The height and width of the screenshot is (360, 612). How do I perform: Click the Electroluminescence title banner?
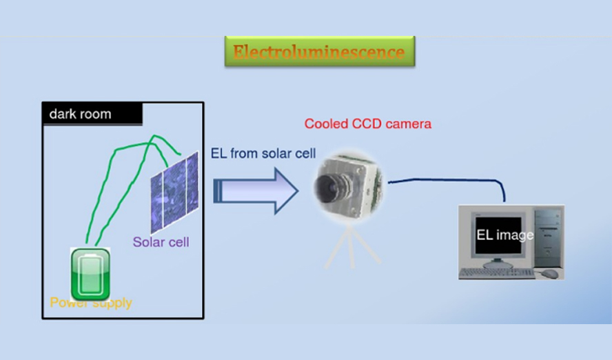[319, 52]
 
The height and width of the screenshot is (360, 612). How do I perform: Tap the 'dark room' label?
[80, 114]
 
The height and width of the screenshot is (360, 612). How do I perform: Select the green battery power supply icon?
[90, 273]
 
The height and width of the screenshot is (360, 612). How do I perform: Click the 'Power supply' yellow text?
[90, 303]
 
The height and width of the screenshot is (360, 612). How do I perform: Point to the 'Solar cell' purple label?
[161, 242]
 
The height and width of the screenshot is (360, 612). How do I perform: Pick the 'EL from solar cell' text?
[263, 154]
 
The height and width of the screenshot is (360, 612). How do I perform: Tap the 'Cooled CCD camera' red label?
[367, 124]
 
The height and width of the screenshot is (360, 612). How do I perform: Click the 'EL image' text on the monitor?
[505, 235]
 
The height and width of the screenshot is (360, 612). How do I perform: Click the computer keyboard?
[496, 273]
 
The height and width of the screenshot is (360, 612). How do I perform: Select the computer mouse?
[549, 274]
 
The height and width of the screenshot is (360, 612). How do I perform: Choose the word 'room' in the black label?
[96, 114]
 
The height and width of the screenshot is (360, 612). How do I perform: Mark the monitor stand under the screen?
[500, 263]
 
